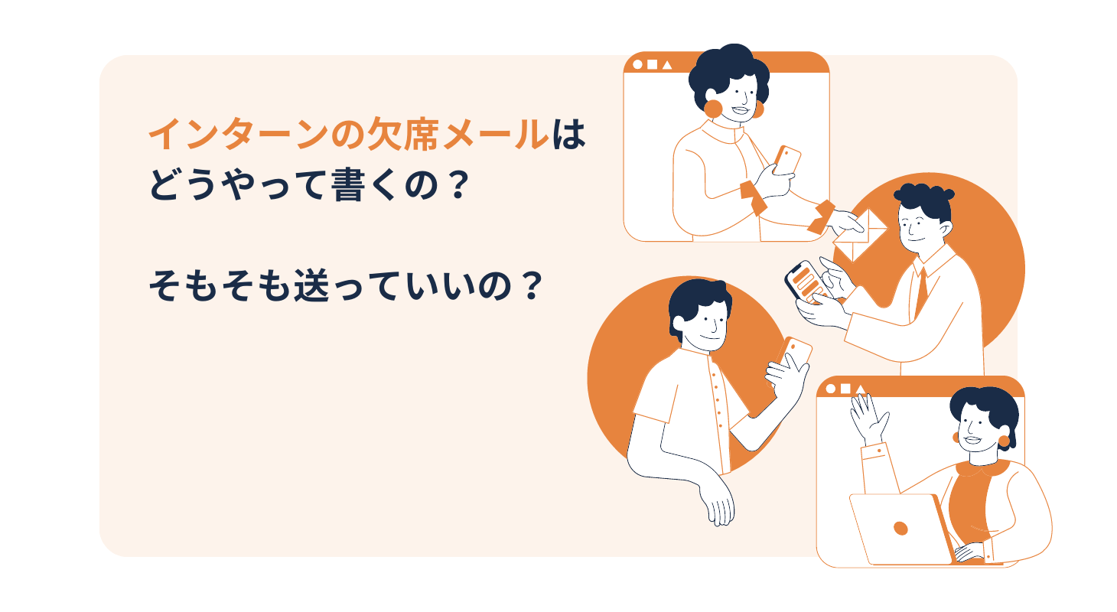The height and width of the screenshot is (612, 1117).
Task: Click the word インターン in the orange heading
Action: point(239,134)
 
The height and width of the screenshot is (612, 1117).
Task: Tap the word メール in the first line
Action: point(495,134)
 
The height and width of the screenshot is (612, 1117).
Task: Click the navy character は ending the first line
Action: point(568,134)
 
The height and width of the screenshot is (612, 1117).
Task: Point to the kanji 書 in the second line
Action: point(347,184)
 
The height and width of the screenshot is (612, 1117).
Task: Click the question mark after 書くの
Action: point(458,185)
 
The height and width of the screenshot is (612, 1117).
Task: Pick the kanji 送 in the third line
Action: point(311,286)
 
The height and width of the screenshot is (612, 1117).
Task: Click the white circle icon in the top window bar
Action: point(637,64)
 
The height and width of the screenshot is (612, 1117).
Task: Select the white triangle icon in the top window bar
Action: point(666,65)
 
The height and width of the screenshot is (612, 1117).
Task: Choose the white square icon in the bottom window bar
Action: point(845,389)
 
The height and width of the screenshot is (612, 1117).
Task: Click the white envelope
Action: point(860,236)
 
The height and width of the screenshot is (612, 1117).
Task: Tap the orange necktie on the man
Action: point(921,291)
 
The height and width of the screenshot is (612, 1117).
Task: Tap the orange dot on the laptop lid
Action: point(900,528)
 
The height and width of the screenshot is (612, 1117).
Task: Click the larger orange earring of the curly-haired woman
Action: point(713,109)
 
